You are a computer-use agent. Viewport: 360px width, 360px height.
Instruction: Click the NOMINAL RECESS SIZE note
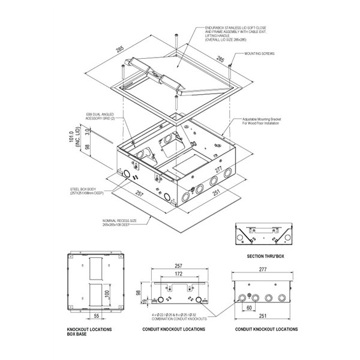point(116,223)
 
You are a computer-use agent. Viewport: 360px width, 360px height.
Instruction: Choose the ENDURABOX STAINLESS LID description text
point(232,33)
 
